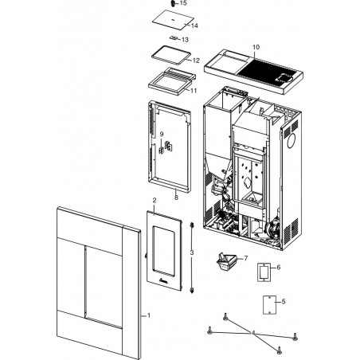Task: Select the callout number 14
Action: (x=194, y=25)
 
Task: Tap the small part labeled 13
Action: (x=174, y=38)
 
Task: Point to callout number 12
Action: (x=196, y=61)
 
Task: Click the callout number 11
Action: (x=194, y=91)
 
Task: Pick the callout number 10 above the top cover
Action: (x=256, y=47)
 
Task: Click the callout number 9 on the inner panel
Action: (x=162, y=135)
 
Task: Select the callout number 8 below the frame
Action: (x=176, y=198)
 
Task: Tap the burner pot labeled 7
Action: (x=226, y=260)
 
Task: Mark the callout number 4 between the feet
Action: (x=253, y=332)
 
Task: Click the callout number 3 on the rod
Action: (x=192, y=252)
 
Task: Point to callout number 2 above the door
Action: (x=155, y=201)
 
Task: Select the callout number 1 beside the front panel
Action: (x=149, y=315)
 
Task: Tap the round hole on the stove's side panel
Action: (x=292, y=140)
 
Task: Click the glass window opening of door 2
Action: (x=163, y=251)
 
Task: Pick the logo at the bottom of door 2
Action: (x=163, y=280)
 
